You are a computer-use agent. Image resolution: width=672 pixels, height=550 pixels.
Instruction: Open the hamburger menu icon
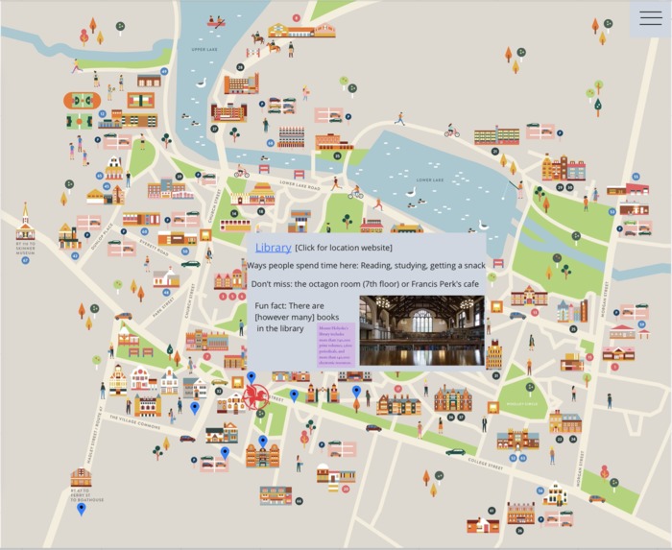(x=650, y=18)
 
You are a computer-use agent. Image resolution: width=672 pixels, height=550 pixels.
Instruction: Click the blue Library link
(x=273, y=248)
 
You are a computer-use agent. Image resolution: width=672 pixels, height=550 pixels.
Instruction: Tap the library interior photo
(x=421, y=330)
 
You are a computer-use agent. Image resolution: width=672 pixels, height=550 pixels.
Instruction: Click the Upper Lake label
(x=204, y=49)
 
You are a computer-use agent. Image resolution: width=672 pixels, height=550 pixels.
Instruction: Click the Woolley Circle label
(x=522, y=403)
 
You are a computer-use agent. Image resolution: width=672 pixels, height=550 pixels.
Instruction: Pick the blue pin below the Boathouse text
(x=81, y=508)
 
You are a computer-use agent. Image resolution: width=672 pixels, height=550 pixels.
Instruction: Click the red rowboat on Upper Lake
(x=217, y=21)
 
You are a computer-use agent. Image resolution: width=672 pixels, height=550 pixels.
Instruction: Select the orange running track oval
(x=82, y=100)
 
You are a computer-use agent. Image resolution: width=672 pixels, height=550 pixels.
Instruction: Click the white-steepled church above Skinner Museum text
(x=25, y=225)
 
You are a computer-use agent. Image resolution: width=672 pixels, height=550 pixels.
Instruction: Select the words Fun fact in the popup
(x=271, y=304)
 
